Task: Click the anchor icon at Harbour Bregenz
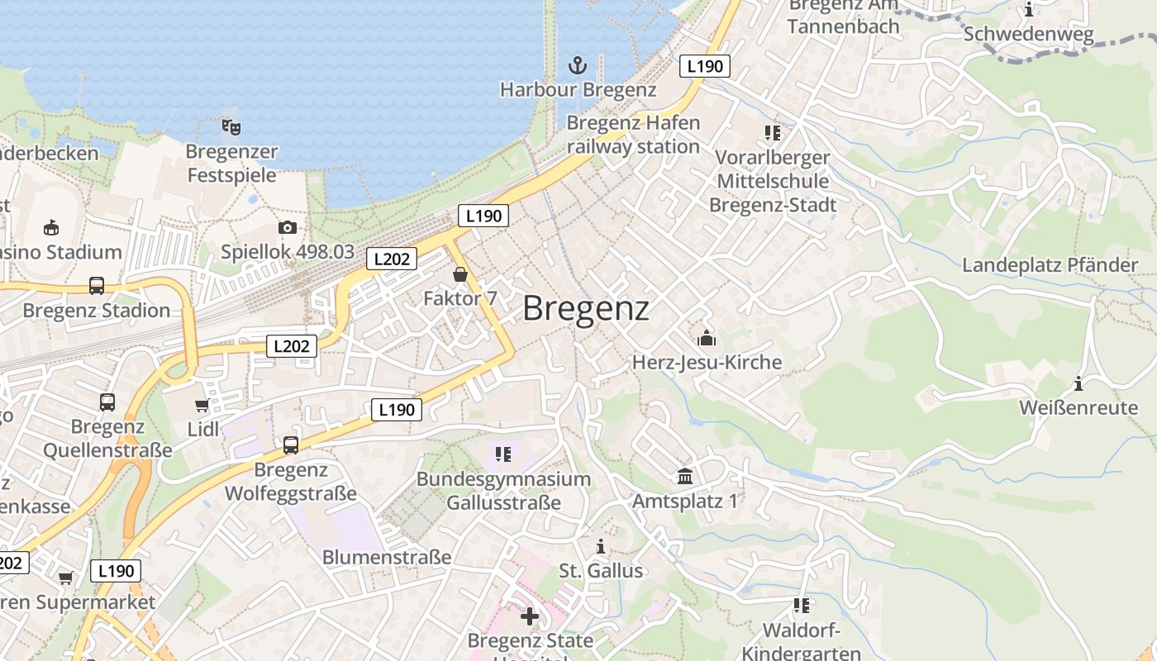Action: (578, 64)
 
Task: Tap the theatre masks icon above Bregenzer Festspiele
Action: (231, 127)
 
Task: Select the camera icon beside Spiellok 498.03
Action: (288, 227)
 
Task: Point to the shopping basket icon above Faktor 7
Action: (460, 273)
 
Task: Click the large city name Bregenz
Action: (586, 308)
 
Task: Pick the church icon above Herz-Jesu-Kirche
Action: (707, 338)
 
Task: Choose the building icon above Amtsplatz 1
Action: (685, 476)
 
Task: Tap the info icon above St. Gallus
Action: (601, 546)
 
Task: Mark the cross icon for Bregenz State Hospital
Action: (530, 616)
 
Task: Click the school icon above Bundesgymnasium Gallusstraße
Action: (503, 454)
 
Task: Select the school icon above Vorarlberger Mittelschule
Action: (773, 132)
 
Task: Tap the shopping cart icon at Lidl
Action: (202, 405)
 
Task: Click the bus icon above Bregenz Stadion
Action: (97, 286)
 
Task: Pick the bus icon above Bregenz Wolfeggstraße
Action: (291, 445)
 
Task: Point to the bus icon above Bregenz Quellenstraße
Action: (107, 402)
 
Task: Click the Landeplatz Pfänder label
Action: (1050, 265)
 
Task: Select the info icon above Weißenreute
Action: (1078, 383)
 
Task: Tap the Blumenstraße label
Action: (387, 557)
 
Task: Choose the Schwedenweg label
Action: (1029, 35)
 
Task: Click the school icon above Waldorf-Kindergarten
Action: (801, 606)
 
